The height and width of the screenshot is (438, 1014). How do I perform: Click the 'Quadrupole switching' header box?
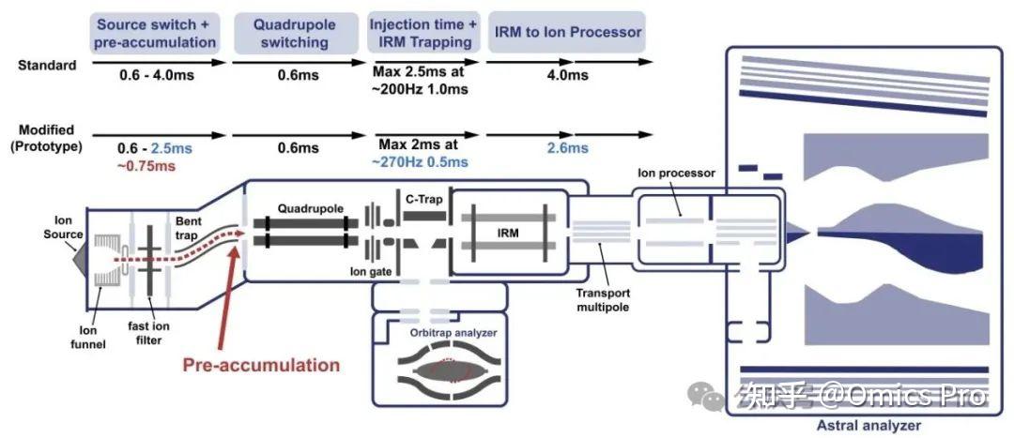coord(294,33)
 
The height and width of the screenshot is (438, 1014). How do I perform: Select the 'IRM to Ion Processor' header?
coord(568,32)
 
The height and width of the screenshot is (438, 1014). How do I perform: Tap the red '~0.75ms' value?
coord(147,166)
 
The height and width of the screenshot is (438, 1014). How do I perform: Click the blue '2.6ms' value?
coord(568,148)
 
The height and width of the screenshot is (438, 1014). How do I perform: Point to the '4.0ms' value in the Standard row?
coord(568,75)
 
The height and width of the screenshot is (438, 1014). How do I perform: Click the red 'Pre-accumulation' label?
coord(261,365)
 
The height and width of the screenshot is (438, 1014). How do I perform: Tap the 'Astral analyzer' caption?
coord(868,426)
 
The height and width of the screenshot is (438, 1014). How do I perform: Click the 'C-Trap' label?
coord(423,200)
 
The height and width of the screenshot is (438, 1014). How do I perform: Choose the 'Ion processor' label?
coord(676,174)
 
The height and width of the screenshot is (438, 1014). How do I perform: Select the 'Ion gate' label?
coord(371,272)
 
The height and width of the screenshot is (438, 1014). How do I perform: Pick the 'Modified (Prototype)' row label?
coord(47,138)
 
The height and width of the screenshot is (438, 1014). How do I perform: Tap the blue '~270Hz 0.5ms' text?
coord(420,162)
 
